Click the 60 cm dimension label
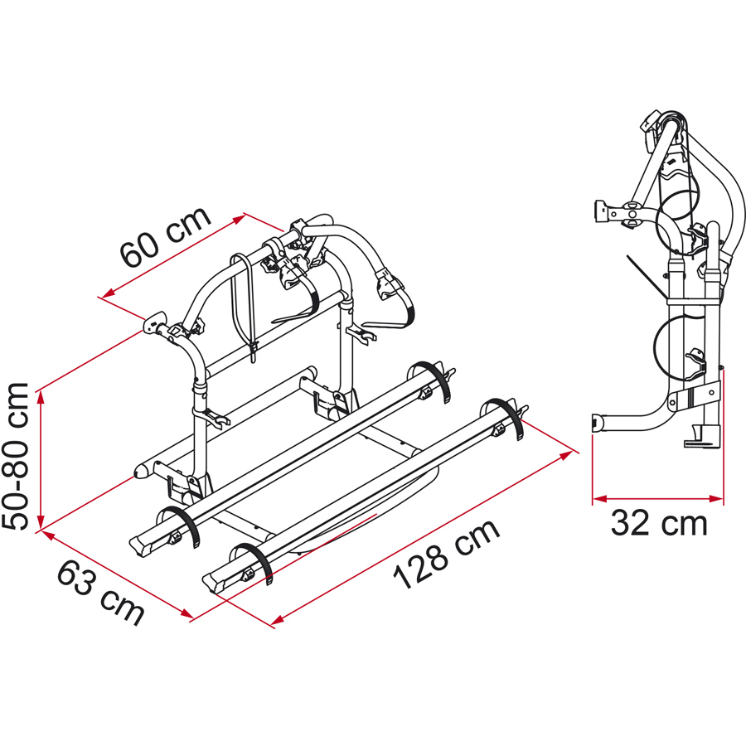coord(165,236)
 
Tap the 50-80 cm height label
coord(15,456)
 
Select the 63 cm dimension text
coord(101,592)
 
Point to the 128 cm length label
coord(446,554)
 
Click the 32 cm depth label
coord(659,523)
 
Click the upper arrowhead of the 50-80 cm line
coord(41,397)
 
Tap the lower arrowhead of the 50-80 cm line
coord(41,522)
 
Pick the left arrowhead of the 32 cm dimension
coord(600,499)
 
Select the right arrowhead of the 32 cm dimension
coord(716,499)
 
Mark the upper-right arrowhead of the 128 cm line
coord(565,456)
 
